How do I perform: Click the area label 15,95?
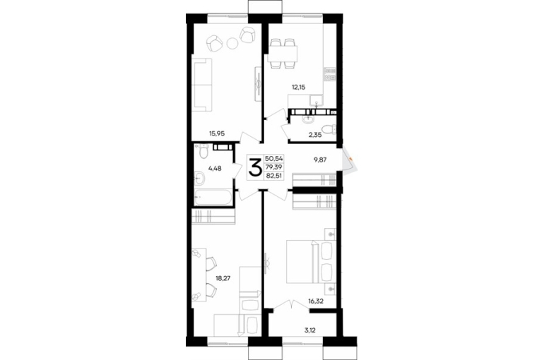[x=217, y=133]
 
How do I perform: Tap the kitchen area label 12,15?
[x=298, y=87]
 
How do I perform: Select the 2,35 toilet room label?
[x=315, y=135]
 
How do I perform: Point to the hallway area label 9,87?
[x=320, y=160]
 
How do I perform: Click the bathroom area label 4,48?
[x=215, y=169]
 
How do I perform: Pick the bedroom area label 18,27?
[x=223, y=277]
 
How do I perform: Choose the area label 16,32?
[x=316, y=301]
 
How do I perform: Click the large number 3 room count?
[x=255, y=167]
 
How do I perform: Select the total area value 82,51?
[x=274, y=175]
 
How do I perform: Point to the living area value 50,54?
[x=274, y=159]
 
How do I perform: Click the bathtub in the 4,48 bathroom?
[x=213, y=198]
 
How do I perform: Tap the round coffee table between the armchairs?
[x=232, y=43]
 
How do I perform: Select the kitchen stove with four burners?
[x=330, y=75]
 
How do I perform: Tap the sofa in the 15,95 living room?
[x=202, y=85]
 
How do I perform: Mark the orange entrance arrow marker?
[x=352, y=159]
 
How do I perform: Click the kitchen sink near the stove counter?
[x=317, y=100]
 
